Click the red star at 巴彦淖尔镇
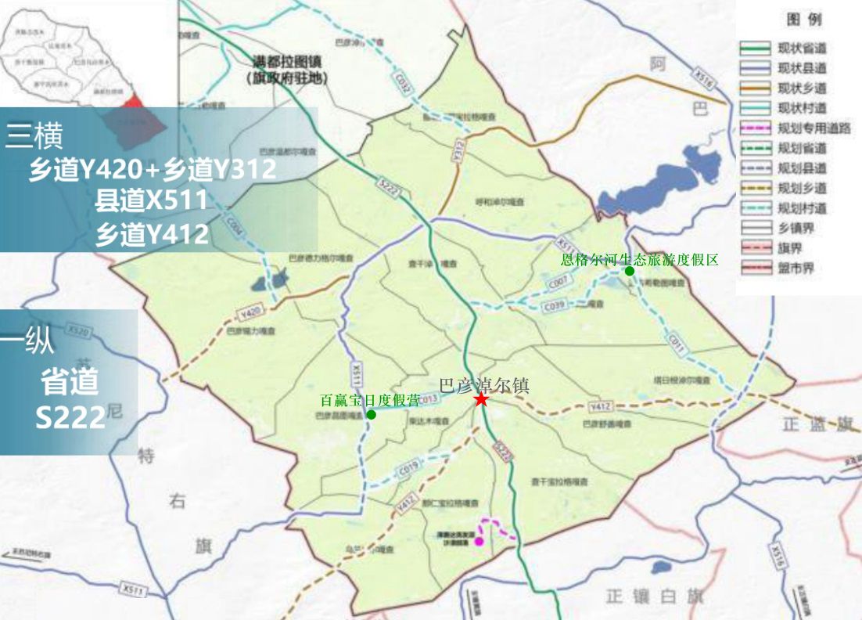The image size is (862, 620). [x=481, y=400]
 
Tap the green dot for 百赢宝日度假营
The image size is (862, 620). [x=371, y=414]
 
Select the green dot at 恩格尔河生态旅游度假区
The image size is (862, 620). [x=629, y=271]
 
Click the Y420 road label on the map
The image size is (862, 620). [x=250, y=313]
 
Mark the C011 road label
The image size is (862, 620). [x=674, y=342]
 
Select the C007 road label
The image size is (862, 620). [x=557, y=281]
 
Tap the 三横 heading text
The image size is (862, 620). [x=34, y=135]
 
